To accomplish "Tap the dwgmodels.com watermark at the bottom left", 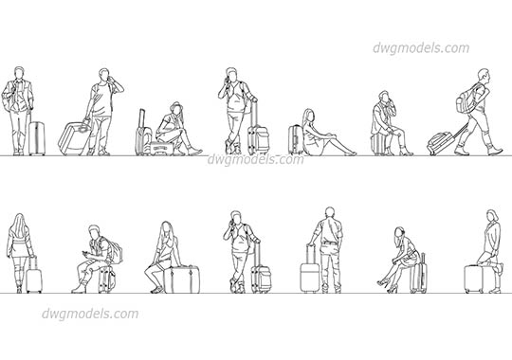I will (x=90, y=315).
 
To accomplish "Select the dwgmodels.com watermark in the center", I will (x=256, y=160).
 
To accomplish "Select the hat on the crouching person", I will (x=175, y=107).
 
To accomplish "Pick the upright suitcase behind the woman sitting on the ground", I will (x=295, y=139).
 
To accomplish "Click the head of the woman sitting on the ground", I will (x=310, y=116).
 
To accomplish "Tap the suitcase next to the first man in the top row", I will (x=36, y=138).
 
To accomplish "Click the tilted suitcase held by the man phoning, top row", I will (x=74, y=138).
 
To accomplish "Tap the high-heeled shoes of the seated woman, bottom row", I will (x=383, y=280).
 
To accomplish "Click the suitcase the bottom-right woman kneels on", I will (x=473, y=279).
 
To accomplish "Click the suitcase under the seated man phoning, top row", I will (x=381, y=144).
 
